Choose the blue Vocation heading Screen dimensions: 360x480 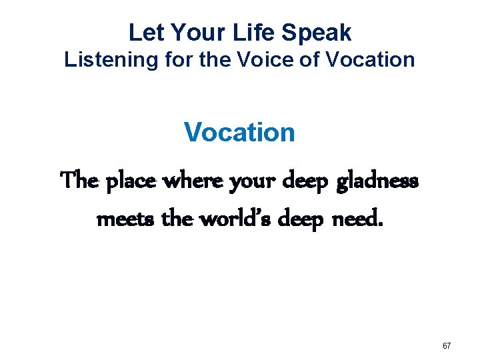[x=239, y=131]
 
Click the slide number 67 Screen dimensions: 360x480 [x=447, y=346]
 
